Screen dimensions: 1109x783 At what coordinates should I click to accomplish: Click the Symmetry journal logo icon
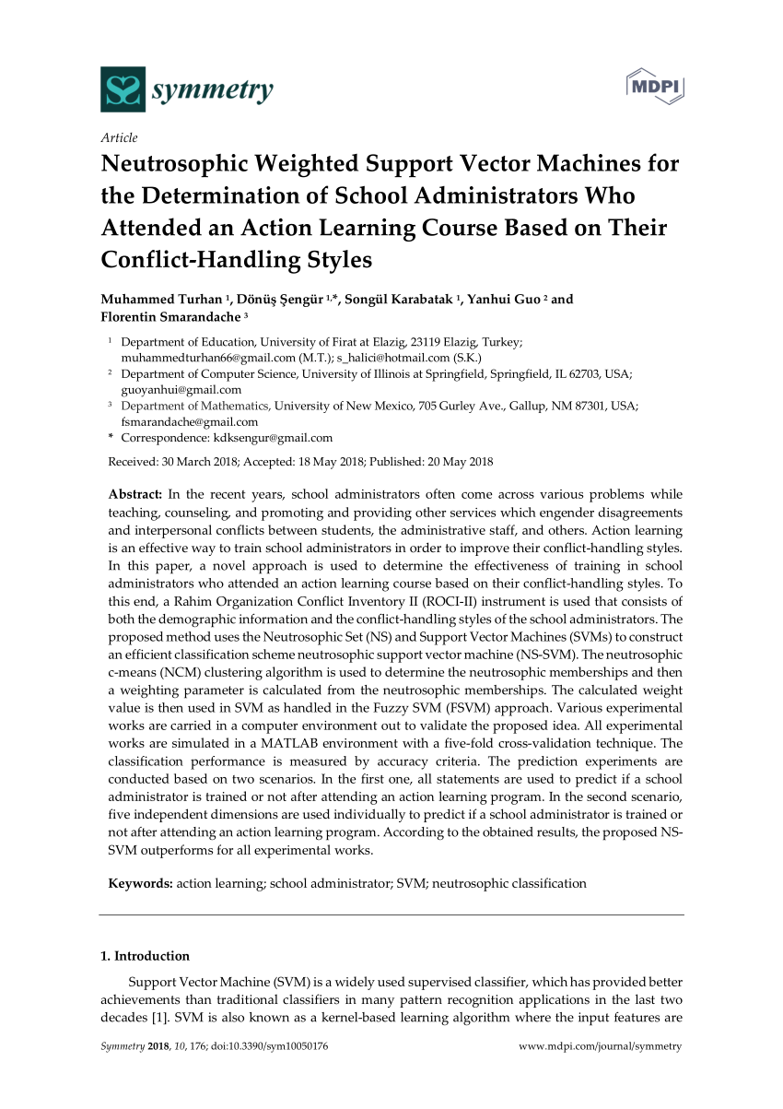[x=123, y=89]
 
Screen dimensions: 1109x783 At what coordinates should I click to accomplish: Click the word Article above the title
[x=119, y=138]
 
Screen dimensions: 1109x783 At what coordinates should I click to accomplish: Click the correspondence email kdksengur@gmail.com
[x=273, y=438]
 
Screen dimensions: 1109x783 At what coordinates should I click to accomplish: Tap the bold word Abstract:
[x=135, y=494]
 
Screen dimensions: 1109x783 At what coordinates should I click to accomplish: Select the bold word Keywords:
[x=140, y=883]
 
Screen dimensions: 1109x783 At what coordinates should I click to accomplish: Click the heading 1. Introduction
[x=144, y=956]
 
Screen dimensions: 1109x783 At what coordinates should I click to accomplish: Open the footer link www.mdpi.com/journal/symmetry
[x=601, y=1046]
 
